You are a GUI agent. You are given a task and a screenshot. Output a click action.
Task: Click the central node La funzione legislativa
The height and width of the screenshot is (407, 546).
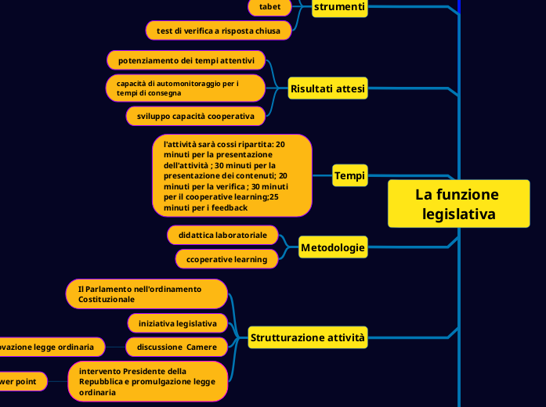point(458,203)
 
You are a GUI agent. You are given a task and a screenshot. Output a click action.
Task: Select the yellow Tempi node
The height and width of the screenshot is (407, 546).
point(349,175)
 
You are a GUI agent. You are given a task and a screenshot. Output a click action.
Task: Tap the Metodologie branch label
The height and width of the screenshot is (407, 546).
point(332,248)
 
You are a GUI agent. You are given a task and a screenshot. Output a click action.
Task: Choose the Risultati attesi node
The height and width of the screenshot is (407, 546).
point(327,88)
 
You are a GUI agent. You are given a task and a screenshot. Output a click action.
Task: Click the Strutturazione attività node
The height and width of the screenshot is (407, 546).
point(308,338)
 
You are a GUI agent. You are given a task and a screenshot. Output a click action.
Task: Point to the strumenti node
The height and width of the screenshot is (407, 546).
point(339,7)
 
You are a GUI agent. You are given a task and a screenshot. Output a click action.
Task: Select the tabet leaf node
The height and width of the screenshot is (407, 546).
point(269,7)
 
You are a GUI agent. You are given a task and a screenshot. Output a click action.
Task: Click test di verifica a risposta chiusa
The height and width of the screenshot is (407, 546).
point(219,31)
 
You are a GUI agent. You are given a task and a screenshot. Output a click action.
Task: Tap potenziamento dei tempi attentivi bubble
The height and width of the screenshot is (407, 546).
point(186,60)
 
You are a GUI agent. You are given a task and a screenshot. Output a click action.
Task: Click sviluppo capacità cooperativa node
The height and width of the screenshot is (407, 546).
point(195,116)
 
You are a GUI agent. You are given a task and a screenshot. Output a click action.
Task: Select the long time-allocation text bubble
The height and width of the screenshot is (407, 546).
point(232,175)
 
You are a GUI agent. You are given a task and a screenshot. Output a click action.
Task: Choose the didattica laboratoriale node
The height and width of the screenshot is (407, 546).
point(222,235)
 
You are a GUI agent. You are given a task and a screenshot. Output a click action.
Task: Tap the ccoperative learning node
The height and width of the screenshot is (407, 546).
point(226,259)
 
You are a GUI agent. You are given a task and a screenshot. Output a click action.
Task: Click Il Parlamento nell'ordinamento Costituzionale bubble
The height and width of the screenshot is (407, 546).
point(146,294)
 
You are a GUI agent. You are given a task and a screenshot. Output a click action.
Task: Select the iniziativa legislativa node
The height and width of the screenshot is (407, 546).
point(177,322)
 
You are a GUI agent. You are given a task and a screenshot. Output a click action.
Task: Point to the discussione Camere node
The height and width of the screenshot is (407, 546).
point(176,346)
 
